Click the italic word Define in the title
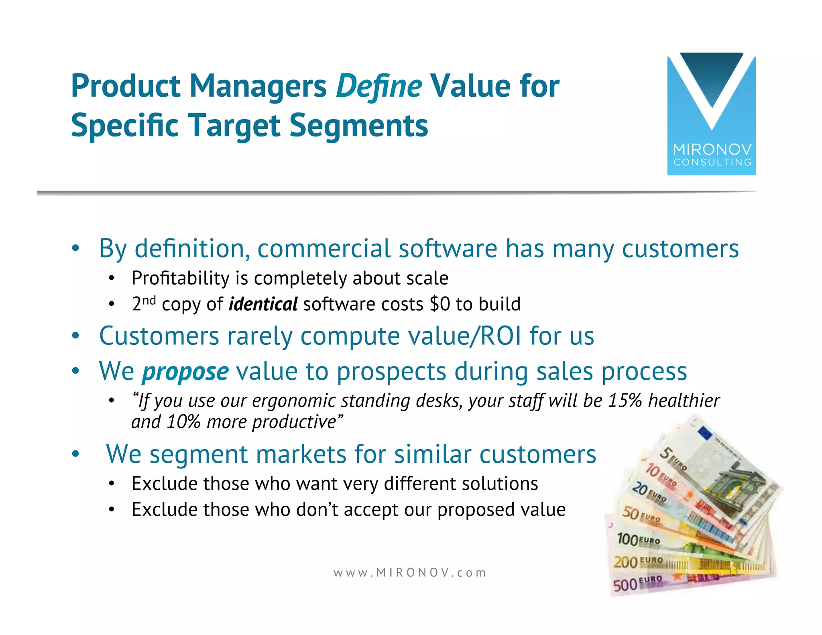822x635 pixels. (378, 86)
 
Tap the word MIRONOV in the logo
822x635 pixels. (712, 150)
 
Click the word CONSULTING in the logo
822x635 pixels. (712, 163)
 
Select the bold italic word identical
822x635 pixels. (263, 304)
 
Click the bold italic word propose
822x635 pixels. (185, 371)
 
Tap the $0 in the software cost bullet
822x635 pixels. (439, 304)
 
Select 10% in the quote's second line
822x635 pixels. (183, 422)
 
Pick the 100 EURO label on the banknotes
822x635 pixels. (638, 539)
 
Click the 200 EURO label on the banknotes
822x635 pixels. (638, 561)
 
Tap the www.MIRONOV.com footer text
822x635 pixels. (409, 572)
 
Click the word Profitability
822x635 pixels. (180, 278)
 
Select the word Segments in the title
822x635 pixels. (358, 125)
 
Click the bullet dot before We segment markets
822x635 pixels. (75, 454)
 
